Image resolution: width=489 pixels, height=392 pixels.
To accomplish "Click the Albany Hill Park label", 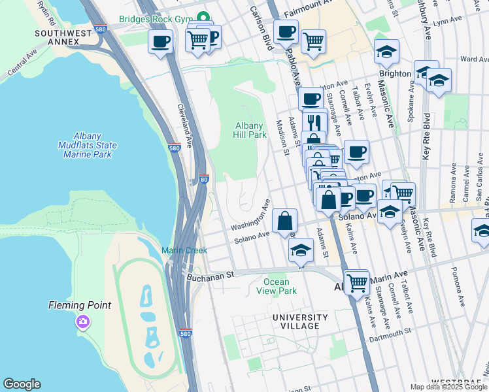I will pyautogui.click(x=250, y=130).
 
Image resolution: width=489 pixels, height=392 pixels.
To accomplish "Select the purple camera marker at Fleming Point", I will pyautogui.click(x=82, y=321).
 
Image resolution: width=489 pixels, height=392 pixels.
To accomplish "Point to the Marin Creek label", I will pyautogui.click(x=184, y=250).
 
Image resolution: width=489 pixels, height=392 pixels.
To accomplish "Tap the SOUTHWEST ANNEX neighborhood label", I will pyautogui.click(x=58, y=37).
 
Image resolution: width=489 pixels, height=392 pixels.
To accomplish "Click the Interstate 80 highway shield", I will pyautogui.click(x=203, y=179).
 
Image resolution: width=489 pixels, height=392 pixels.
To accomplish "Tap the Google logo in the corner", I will pyautogui.click(x=22, y=384).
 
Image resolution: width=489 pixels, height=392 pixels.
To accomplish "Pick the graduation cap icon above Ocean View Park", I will pyautogui.click(x=301, y=250).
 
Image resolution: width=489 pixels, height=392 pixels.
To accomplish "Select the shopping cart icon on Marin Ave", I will pyautogui.click(x=357, y=282).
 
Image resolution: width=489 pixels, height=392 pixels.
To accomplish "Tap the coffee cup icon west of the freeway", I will pyautogui.click(x=160, y=42).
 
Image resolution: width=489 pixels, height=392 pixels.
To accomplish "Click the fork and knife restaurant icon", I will pyautogui.click(x=315, y=122).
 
